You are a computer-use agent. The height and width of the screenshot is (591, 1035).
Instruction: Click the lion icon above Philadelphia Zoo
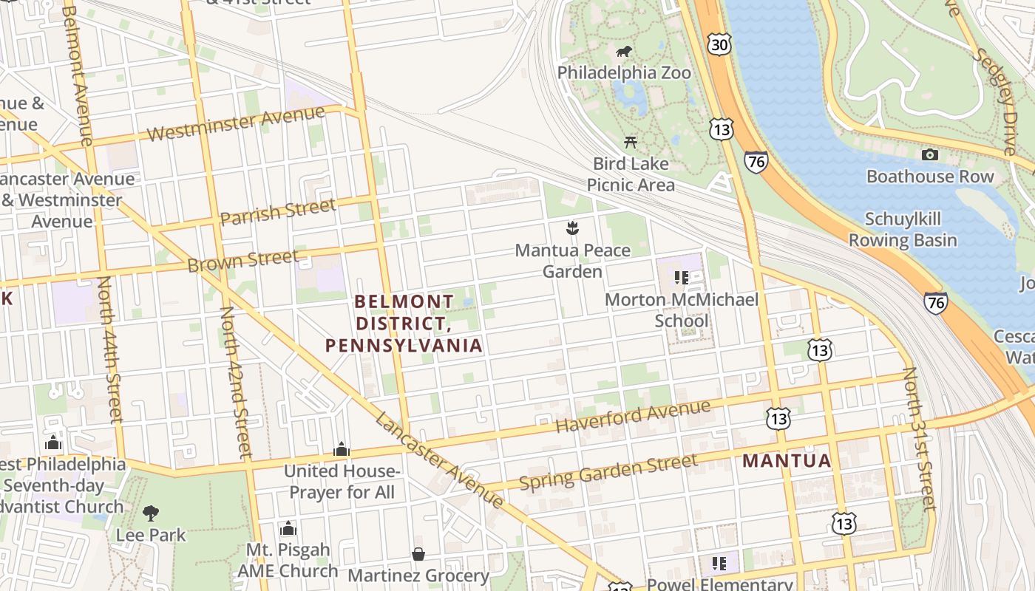coord(624,52)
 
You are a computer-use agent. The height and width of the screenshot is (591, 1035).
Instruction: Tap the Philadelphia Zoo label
coord(624,72)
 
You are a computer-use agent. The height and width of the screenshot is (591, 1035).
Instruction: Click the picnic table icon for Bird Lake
coord(631,141)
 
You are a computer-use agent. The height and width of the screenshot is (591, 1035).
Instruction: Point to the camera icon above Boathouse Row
coord(930,154)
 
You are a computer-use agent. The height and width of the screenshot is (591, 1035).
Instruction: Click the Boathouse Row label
coord(930,177)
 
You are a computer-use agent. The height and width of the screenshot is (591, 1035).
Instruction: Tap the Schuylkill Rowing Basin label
coord(902,230)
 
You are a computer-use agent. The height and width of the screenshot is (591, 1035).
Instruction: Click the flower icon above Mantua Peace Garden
coord(572,227)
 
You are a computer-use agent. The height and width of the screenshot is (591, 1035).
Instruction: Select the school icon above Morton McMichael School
coord(682,278)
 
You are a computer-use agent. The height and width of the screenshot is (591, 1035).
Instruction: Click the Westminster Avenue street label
coord(236,123)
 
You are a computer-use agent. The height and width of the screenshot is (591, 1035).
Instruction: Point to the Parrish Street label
coord(278,211)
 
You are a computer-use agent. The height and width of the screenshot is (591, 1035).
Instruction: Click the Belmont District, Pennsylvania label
coord(404,323)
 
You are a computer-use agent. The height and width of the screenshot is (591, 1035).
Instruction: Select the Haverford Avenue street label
coord(633,417)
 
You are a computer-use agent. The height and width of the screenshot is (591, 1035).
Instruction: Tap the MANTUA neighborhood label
coord(787,461)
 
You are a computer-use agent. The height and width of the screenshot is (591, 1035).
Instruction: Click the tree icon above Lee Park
coord(151,512)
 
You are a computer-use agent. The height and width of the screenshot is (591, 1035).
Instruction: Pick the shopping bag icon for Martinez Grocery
coord(418,554)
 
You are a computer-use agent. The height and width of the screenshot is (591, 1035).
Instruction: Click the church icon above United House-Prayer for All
coord(341,448)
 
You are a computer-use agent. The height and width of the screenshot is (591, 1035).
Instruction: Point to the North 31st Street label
coord(918,439)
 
